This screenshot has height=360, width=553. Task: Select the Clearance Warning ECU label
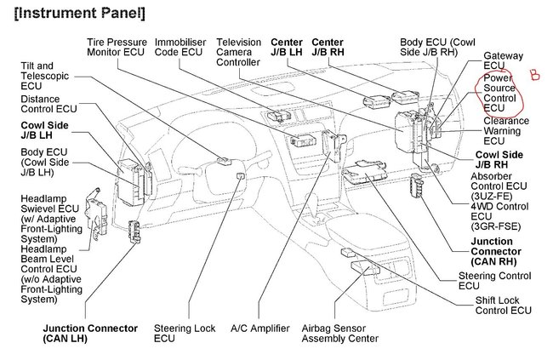tap(506, 127)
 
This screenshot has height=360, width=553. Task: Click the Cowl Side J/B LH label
tap(45, 131)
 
